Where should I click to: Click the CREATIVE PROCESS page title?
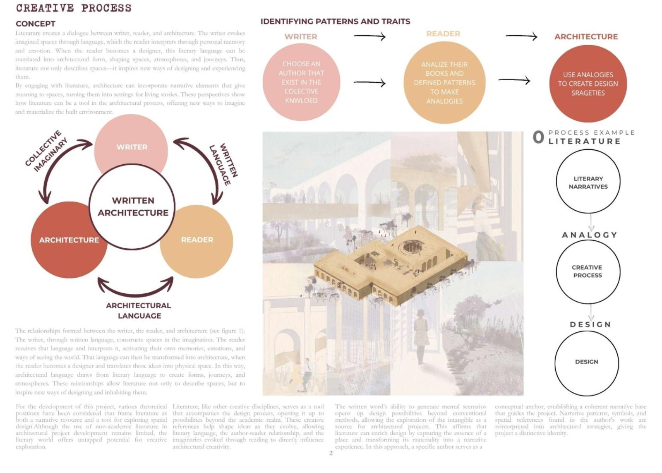[74, 8]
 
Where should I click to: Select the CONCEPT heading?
[36, 24]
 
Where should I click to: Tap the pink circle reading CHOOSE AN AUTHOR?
[301, 82]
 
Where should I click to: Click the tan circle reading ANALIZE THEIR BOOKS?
[444, 83]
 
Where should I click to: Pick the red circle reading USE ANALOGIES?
[588, 84]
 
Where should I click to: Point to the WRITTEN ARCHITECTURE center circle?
[132, 206]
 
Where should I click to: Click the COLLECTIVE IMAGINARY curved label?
[46, 151]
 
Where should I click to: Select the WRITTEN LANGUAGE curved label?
[224, 164]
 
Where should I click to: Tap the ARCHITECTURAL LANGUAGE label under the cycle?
[139, 310]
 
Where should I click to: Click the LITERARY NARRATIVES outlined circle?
[588, 182]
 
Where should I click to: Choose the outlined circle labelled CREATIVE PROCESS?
[588, 271]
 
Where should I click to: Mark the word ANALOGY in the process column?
[590, 235]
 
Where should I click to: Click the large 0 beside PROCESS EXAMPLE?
[538, 137]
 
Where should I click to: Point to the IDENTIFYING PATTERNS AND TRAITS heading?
[335, 22]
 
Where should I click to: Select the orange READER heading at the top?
[443, 34]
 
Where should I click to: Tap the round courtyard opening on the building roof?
[410, 247]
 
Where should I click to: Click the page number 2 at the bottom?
[331, 453]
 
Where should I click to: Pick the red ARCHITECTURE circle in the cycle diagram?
[68, 240]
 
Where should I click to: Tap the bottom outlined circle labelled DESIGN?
[587, 362]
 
